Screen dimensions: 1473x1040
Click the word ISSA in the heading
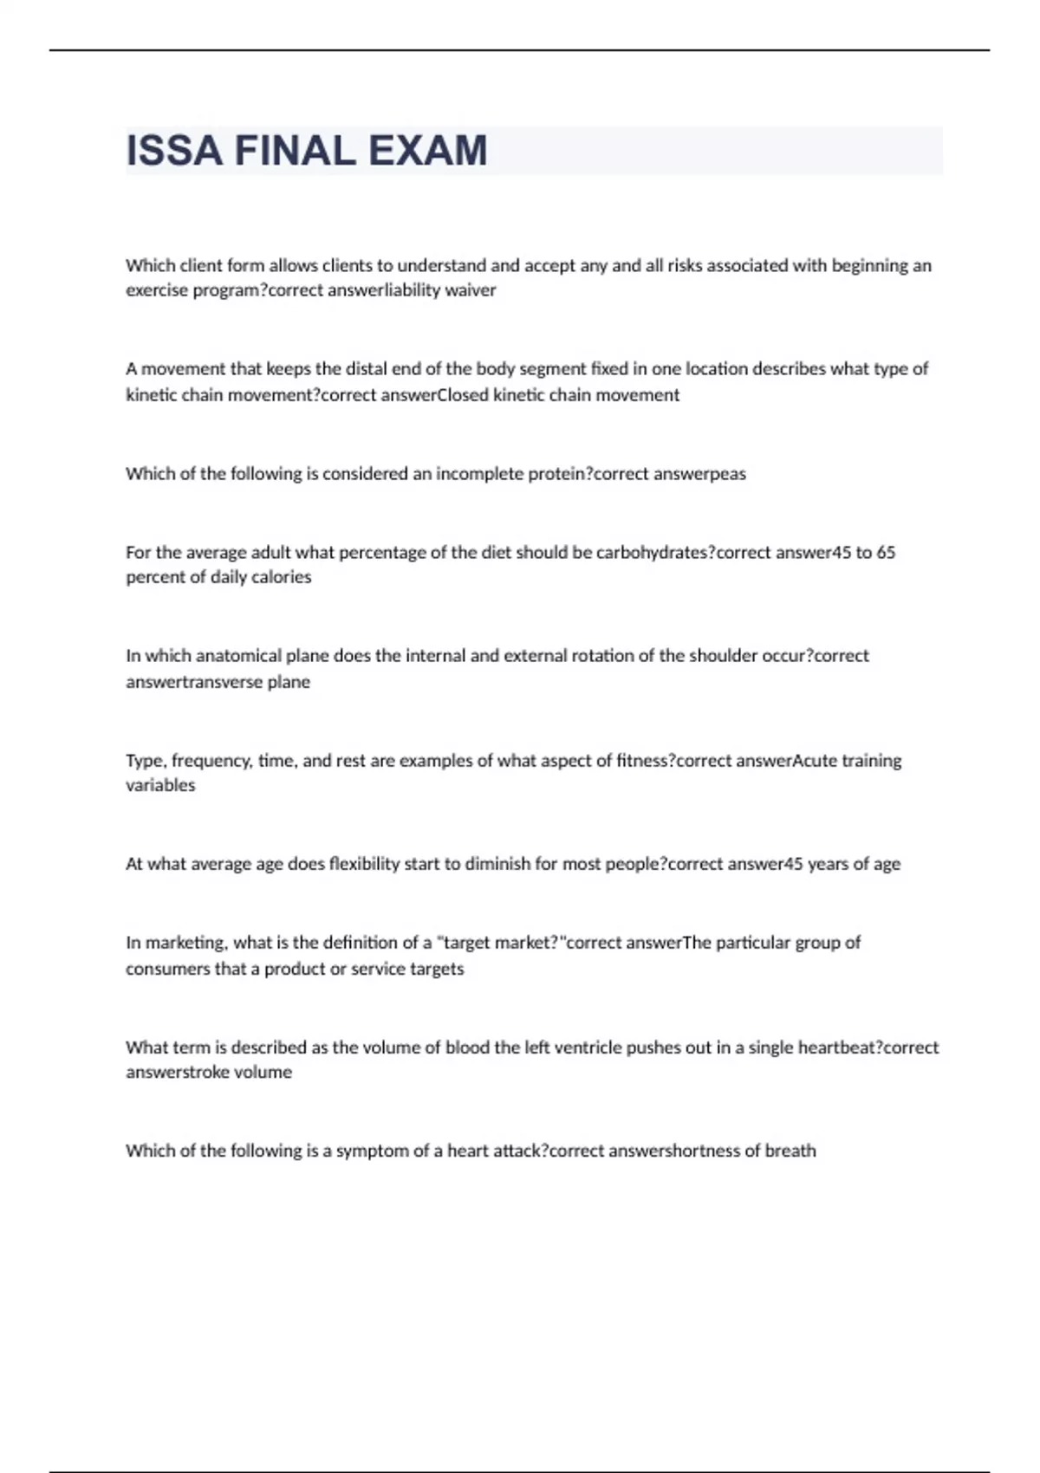tap(173, 151)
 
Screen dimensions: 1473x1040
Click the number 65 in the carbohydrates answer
tap(885, 553)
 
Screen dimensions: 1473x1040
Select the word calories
tap(281, 577)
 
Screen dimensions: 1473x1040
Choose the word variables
tap(160, 786)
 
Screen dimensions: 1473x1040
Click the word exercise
tap(156, 290)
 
